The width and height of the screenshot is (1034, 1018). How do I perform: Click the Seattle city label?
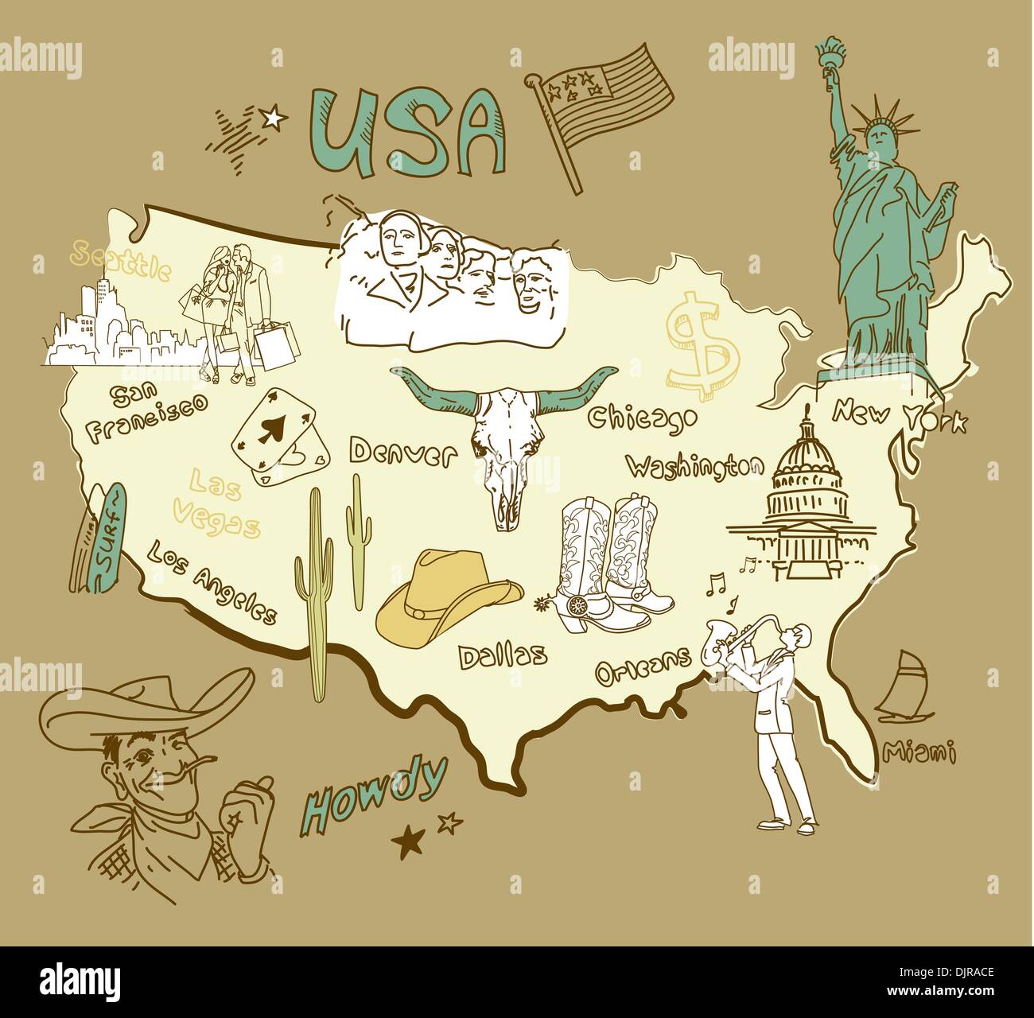119,262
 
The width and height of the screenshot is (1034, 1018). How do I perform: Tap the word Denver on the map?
402,453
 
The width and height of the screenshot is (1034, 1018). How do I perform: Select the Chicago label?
643,418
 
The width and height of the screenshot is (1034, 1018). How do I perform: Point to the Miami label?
919,750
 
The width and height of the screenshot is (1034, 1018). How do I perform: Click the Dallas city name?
503,655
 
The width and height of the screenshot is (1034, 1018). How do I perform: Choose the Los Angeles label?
212,583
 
